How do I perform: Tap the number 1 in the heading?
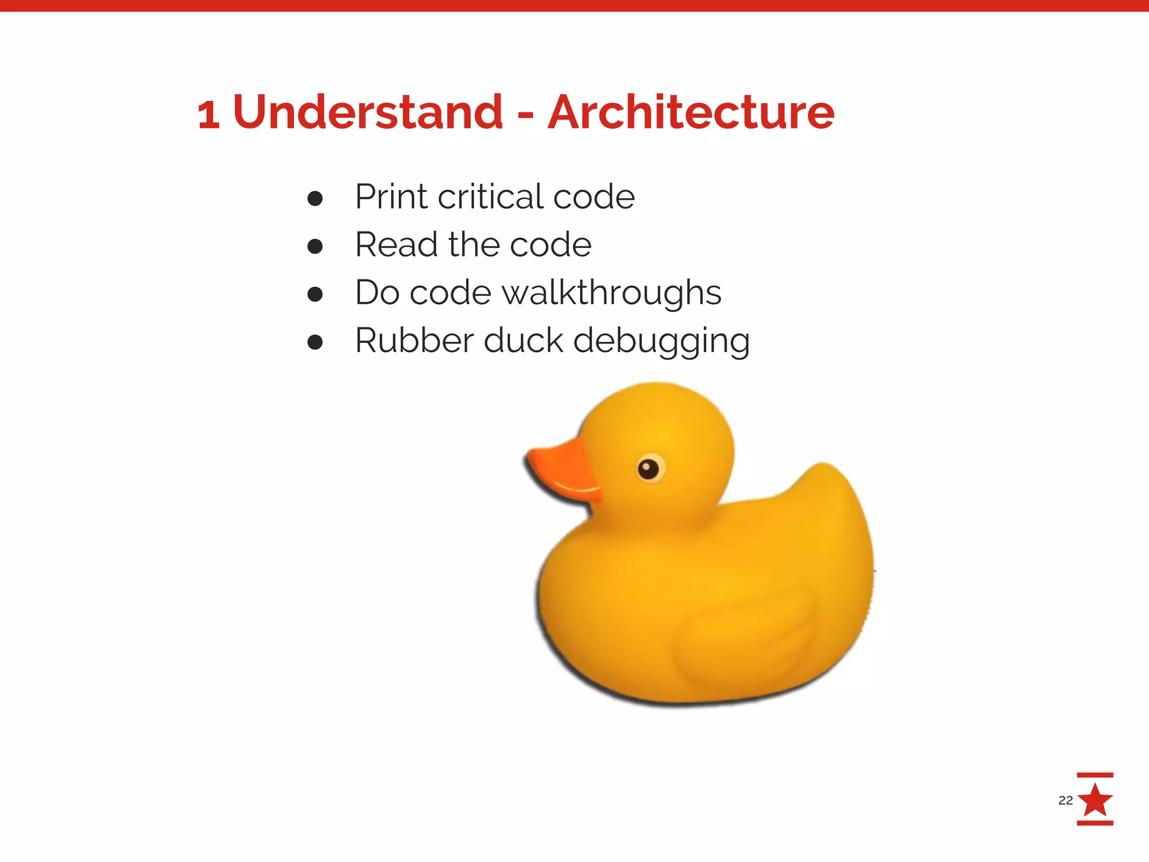click(208, 114)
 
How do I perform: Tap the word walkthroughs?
click(611, 292)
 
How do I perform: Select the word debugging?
click(661, 341)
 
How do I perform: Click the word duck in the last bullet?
click(523, 340)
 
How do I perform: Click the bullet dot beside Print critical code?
click(315, 198)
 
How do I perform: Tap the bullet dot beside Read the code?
click(315, 246)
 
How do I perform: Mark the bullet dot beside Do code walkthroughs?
click(315, 294)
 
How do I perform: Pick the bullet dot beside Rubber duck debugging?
click(315, 342)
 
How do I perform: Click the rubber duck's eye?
click(650, 467)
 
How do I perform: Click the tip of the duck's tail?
click(824, 467)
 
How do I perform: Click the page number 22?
click(1065, 800)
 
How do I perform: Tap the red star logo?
click(1095, 800)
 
